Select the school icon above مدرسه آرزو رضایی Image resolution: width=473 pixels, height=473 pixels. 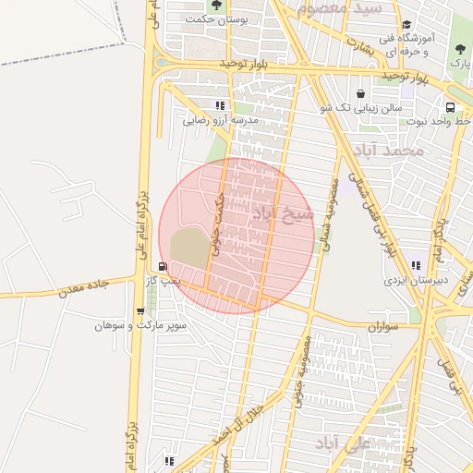[220, 105]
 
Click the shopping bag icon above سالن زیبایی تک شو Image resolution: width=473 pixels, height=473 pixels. [359, 94]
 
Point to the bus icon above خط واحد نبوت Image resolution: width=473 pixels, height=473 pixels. [449, 107]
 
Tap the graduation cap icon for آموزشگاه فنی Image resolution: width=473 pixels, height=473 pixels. [406, 25]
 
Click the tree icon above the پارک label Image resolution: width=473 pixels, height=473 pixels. [460, 49]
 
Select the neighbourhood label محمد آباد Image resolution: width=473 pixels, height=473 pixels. [387, 150]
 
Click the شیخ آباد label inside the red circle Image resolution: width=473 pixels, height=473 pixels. [283, 215]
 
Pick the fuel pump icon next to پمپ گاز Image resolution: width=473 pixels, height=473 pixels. [164, 266]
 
